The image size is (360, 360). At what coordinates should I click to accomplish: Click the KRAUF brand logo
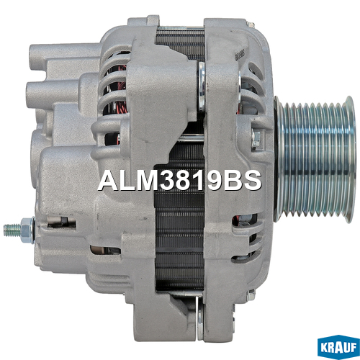pyautogui.click(x=338, y=347)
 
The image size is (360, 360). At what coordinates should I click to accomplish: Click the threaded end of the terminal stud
pyautogui.click(x=12, y=230)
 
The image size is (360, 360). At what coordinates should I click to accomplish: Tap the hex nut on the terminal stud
pyautogui.click(x=27, y=230)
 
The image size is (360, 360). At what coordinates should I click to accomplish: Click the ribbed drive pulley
pyautogui.click(x=315, y=159)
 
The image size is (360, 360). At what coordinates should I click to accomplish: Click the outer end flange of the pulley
pyautogui.click(x=349, y=159)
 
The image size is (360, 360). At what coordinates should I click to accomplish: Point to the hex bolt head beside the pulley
pyautogui.click(x=256, y=139)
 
